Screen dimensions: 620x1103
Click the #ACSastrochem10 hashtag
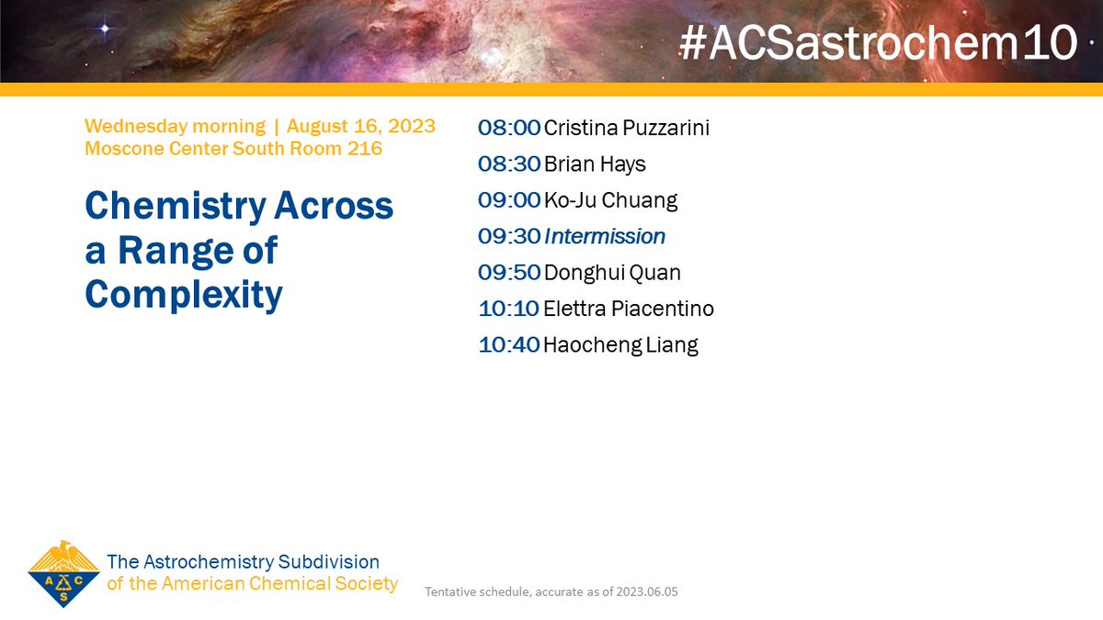[x=878, y=42]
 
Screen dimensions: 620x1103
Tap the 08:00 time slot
[x=508, y=128]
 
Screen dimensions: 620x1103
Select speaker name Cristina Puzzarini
[x=626, y=128]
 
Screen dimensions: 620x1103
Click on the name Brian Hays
[x=595, y=164]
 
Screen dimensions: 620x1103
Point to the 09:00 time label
[x=508, y=200]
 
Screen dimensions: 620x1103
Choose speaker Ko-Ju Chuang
[x=611, y=200]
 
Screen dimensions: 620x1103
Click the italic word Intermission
[x=605, y=236]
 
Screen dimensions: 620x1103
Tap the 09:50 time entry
[x=508, y=273]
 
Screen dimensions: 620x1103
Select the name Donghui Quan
[x=612, y=273]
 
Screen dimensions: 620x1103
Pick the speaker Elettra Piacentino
[x=629, y=309]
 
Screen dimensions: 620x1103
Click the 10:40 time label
[x=508, y=345]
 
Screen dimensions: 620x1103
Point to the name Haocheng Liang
[x=620, y=345]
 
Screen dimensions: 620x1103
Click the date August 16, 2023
[x=361, y=126]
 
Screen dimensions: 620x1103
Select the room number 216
[x=365, y=148]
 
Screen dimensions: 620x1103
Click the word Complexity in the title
[x=183, y=294]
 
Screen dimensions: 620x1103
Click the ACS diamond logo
[x=63, y=573]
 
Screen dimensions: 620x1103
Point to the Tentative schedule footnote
[x=551, y=592]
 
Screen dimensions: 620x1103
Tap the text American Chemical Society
[x=279, y=583]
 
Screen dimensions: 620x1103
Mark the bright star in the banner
[x=105, y=28]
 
